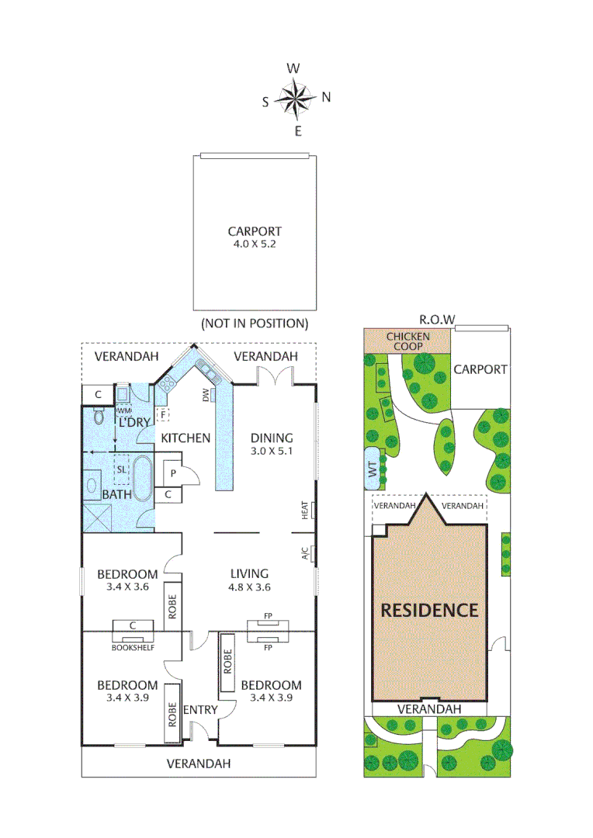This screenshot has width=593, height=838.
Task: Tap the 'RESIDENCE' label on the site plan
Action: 429,610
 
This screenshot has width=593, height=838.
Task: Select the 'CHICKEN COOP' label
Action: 407,341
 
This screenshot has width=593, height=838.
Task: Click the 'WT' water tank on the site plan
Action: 373,469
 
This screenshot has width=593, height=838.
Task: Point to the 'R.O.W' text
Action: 436,320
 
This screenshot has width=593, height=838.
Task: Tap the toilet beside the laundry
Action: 98,417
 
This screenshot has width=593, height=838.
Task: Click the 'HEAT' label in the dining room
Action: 305,510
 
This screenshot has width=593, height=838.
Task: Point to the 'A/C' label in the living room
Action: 305,553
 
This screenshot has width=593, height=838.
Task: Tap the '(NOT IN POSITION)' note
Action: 255,323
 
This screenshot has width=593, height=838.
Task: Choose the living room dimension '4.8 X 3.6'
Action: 249,587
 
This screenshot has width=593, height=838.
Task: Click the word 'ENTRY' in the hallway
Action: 199,710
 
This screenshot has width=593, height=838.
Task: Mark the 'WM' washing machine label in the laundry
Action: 123,410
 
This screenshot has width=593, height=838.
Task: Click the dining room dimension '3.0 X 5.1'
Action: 271,451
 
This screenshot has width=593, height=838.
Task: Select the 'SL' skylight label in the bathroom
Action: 122,469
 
